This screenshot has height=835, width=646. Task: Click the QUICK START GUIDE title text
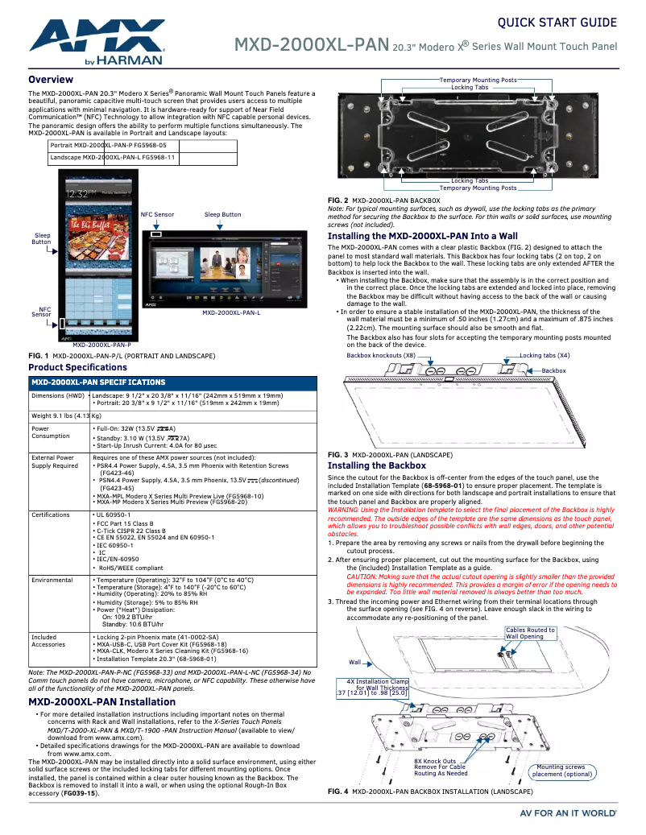point(557,23)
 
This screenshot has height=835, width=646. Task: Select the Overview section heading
point(51,80)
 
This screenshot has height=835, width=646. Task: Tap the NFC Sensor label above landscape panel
point(157,215)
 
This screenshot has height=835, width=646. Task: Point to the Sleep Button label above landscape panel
point(222,215)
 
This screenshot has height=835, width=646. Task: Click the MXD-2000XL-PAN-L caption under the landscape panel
point(230,312)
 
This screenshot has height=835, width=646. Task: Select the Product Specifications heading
point(77,367)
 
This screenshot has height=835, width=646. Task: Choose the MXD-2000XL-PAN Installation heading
point(101,701)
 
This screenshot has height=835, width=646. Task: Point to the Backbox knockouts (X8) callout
point(381,355)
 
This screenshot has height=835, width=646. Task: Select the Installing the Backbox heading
point(376,465)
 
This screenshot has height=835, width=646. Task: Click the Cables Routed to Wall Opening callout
point(530,633)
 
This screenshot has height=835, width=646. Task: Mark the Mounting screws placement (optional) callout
point(561,771)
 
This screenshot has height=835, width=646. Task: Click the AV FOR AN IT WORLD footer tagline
point(568,813)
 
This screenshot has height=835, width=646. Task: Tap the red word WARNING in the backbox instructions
point(344,510)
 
